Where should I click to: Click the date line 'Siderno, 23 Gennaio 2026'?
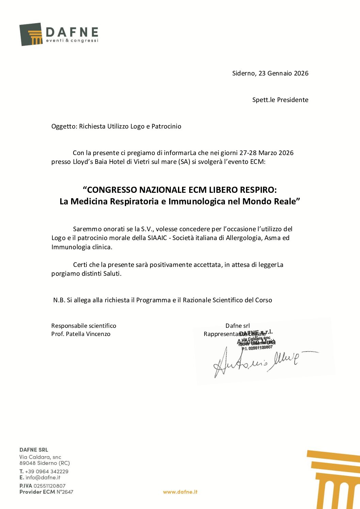coord(270,73)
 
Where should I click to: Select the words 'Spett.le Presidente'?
coord(280,100)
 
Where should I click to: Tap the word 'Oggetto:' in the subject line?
coord(64,126)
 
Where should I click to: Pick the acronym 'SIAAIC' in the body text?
coord(157,238)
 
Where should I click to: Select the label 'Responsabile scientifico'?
coord(84,326)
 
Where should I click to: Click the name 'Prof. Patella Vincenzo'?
coord(81,334)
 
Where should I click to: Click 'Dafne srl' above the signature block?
coord(238,326)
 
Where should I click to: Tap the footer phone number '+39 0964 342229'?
coord(47,471)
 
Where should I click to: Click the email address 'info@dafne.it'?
coord(43,477)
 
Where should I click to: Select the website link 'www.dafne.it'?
coord(180,492)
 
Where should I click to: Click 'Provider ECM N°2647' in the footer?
coord(46,492)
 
